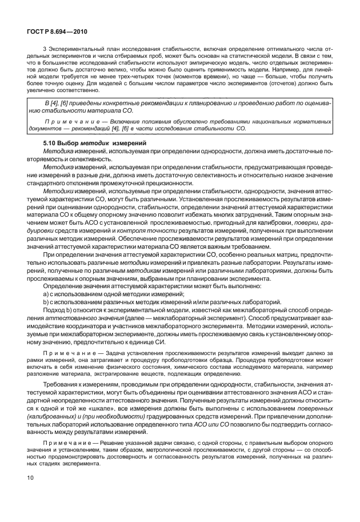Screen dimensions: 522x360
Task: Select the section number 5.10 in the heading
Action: [51, 142]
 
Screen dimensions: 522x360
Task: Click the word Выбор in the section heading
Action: [71, 142]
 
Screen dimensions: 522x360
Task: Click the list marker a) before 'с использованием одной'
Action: [46, 293]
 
